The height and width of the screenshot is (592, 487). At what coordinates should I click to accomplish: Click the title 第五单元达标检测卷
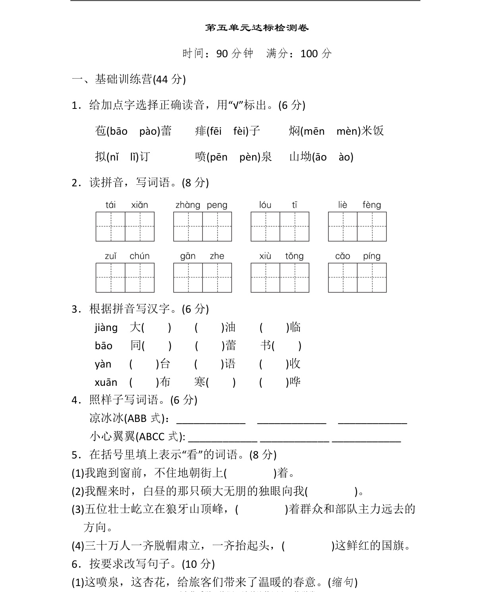[257, 28]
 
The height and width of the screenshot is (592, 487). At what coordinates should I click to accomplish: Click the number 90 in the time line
[222, 54]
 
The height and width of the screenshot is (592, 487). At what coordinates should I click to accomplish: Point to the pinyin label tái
[110, 205]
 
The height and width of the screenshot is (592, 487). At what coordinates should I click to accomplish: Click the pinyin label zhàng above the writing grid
[187, 205]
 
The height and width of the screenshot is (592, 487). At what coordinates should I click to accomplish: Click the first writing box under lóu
[265, 227]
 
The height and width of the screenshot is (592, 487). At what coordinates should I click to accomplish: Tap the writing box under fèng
[372, 227]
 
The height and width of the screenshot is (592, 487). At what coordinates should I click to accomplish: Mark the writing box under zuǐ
[110, 278]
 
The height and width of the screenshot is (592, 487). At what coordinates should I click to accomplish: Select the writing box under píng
[372, 278]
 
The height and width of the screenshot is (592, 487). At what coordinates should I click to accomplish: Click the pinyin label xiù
[265, 256]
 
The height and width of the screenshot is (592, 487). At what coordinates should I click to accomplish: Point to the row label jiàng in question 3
[106, 328]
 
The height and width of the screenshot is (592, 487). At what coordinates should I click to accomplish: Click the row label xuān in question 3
[106, 383]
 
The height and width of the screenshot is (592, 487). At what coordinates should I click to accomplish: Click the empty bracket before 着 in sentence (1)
[250, 473]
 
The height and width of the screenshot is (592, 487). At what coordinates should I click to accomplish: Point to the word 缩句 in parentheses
[343, 582]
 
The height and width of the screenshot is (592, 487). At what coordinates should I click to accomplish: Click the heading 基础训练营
[123, 79]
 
